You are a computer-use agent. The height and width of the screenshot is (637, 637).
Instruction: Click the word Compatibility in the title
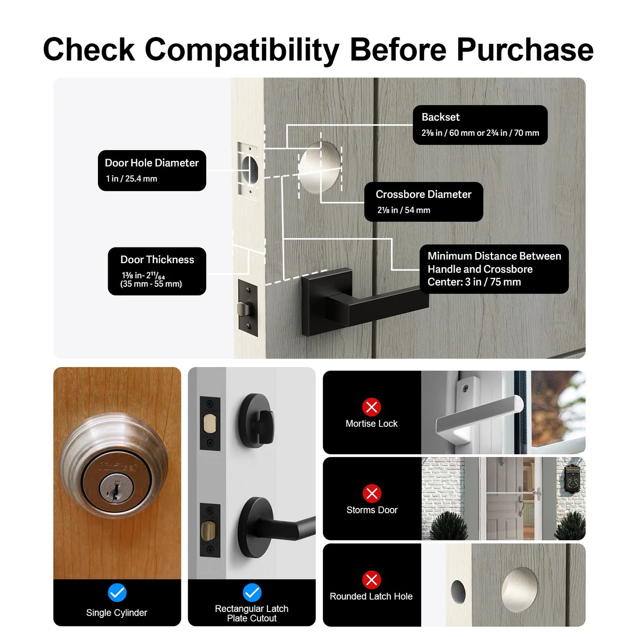pos(242,50)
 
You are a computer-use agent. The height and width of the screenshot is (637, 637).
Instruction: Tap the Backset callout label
pos(480,125)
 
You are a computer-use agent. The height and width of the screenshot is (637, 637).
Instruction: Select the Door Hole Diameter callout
pos(152,171)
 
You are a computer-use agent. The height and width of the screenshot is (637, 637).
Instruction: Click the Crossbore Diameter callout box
pos(423,201)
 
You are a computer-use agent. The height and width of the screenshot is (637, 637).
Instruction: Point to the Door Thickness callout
pos(157,271)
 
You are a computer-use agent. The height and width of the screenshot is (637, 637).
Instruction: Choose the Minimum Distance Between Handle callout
pos(494,269)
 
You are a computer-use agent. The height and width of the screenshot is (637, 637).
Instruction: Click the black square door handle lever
pos(364,302)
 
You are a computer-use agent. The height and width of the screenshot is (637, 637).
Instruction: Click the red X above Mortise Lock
pos(372,407)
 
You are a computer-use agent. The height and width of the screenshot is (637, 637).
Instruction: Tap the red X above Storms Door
pos(372,494)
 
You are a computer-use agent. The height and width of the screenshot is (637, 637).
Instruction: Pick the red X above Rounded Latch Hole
pos(372,580)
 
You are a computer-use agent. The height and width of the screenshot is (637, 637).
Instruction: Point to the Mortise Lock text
pos(372,423)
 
